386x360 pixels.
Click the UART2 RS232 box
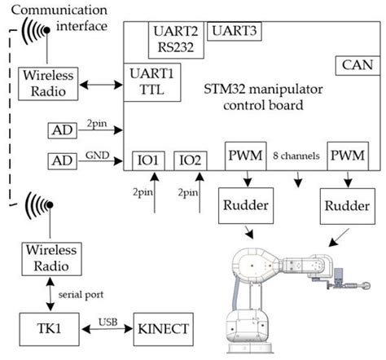[174, 38]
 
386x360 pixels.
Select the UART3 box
[234, 32]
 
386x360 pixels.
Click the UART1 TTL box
[151, 81]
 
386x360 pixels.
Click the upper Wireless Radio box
[47, 83]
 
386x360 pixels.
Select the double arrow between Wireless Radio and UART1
[99, 83]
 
